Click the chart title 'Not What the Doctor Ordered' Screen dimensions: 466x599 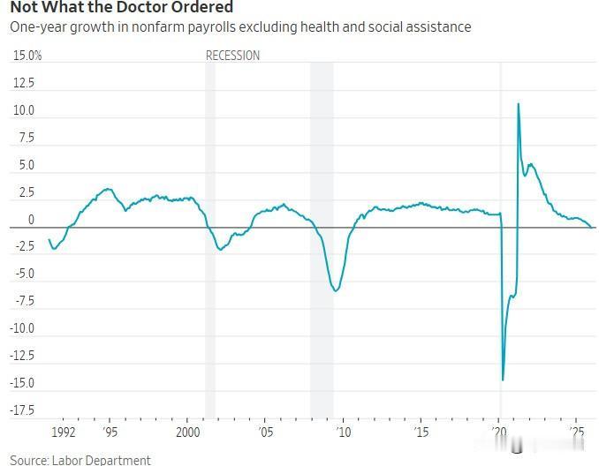(x=122, y=7)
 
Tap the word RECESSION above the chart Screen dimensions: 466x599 (x=232, y=56)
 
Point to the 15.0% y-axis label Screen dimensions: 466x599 (x=27, y=56)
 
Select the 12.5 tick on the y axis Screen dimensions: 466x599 (x=24, y=83)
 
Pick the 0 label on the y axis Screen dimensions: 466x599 (x=30, y=220)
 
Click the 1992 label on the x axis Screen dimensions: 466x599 (x=63, y=432)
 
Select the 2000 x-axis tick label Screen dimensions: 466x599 (x=187, y=432)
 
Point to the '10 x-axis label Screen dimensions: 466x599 (x=344, y=432)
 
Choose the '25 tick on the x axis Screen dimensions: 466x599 (x=578, y=432)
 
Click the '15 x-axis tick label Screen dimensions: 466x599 (x=421, y=432)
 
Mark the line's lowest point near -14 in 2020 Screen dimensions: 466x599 (x=503, y=380)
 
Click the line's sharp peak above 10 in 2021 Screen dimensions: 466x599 (x=518, y=104)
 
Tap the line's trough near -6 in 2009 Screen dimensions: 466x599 (x=336, y=291)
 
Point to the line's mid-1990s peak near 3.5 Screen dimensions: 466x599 (x=108, y=189)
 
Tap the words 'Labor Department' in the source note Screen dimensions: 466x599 (x=102, y=460)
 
